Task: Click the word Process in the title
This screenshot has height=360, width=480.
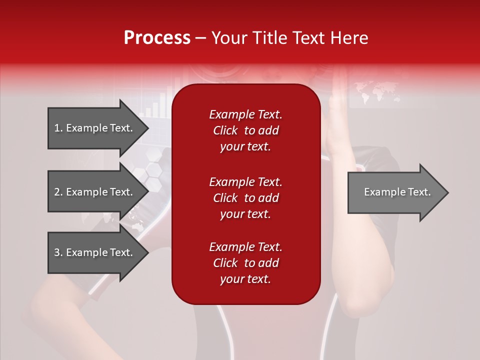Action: (157, 38)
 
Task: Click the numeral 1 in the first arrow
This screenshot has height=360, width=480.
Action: (57, 128)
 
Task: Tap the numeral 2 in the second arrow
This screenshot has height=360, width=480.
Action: (57, 192)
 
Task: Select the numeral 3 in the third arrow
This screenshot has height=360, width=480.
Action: (57, 252)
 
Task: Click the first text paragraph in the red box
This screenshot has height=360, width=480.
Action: (245, 130)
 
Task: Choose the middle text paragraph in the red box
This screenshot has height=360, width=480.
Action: (245, 198)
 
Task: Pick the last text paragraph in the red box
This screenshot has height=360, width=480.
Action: (245, 263)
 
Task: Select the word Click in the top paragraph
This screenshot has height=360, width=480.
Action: (225, 130)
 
